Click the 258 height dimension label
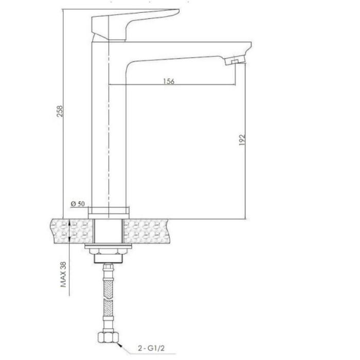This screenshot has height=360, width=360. coord(60,111)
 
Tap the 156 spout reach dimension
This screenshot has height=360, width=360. coord(169,81)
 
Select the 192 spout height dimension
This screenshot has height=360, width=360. coord(242,140)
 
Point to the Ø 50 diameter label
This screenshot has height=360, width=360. coord(78,204)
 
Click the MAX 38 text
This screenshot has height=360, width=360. coord(63,275)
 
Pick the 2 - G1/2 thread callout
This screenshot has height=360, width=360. coord(151,348)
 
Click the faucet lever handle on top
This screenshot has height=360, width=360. coord(135,25)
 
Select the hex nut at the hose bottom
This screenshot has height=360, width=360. coord(109,337)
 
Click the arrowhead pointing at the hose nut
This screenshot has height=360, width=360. coord(120,345)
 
